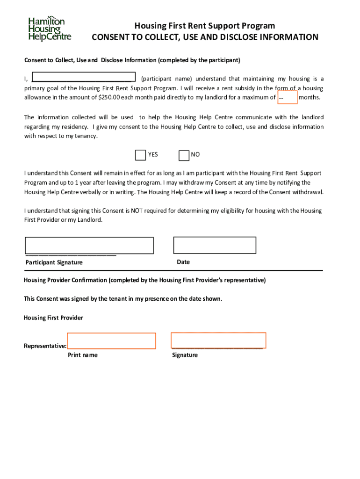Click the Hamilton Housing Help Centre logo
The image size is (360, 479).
point(49,29)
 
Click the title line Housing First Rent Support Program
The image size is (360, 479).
point(205,25)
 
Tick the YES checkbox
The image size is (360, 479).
point(140,155)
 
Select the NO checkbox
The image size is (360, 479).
point(184,155)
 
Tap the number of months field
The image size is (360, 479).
point(287,97)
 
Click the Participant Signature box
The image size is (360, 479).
point(89,245)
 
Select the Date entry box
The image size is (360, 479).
point(215,245)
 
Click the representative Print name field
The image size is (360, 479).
point(111,341)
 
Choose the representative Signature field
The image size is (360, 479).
point(218,340)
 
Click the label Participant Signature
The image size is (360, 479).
point(54,262)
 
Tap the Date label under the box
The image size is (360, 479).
point(183,262)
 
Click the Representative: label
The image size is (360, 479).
point(45,346)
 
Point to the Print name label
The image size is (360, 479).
point(83,355)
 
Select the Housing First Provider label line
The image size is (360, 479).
point(53,318)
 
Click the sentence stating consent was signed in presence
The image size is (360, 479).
point(123,299)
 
